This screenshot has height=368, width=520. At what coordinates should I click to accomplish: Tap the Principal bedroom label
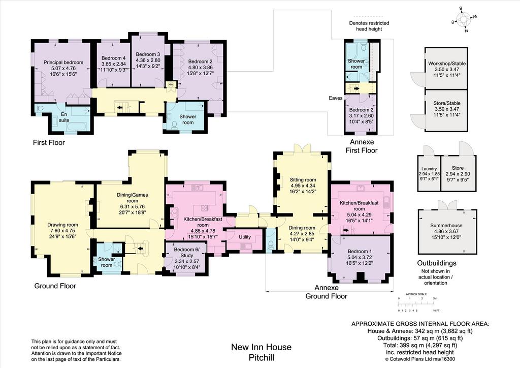pyautogui.click(x=63, y=68)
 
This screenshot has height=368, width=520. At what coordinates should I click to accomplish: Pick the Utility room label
pyautogui.click(x=245, y=237)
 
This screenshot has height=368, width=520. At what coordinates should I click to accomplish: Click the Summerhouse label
pyautogui.click(x=446, y=231)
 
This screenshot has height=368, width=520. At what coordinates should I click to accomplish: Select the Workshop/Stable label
pyautogui.click(x=447, y=69)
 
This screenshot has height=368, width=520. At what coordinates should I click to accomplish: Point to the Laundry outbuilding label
pyautogui.click(x=429, y=173)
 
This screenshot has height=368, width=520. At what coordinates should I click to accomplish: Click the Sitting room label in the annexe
pyautogui.click(x=303, y=186)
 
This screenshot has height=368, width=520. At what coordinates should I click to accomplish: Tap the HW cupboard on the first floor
pyautogui.click(x=171, y=84)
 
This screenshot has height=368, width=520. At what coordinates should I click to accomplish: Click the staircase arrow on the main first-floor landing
pyautogui.click(x=120, y=107)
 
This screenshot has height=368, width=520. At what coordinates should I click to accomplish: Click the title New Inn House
pyautogui.click(x=262, y=347)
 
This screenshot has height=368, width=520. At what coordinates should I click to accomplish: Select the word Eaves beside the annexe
pyautogui.click(x=336, y=98)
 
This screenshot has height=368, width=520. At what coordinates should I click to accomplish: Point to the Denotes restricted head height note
pyautogui.click(x=369, y=26)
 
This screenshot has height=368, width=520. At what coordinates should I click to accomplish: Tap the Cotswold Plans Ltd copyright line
pyautogui.click(x=420, y=359)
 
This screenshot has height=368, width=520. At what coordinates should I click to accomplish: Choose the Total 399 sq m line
pyautogui.click(x=420, y=345)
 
